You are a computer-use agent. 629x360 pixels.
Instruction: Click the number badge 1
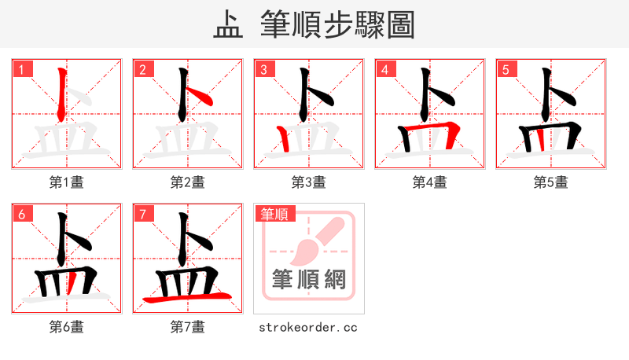coord(21,69)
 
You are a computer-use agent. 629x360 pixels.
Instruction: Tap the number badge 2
coord(142,69)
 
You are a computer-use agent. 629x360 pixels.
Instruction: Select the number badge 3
coord(263,69)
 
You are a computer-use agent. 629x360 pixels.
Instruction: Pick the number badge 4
coord(384,69)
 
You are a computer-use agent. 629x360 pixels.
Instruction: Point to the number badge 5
coord(506,69)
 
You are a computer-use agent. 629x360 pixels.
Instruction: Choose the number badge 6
coord(21,214)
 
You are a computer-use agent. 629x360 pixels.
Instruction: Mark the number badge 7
coord(142,214)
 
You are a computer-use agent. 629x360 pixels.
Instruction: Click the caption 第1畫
coord(66,182)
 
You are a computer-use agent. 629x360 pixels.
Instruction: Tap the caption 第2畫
coord(187,182)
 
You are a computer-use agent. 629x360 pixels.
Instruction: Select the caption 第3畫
coord(308,182)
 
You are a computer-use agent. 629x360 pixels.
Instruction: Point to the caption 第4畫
coord(429,182)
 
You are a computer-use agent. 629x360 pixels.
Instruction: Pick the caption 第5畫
coord(550,182)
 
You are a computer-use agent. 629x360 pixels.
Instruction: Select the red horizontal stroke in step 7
coord(187,297)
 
